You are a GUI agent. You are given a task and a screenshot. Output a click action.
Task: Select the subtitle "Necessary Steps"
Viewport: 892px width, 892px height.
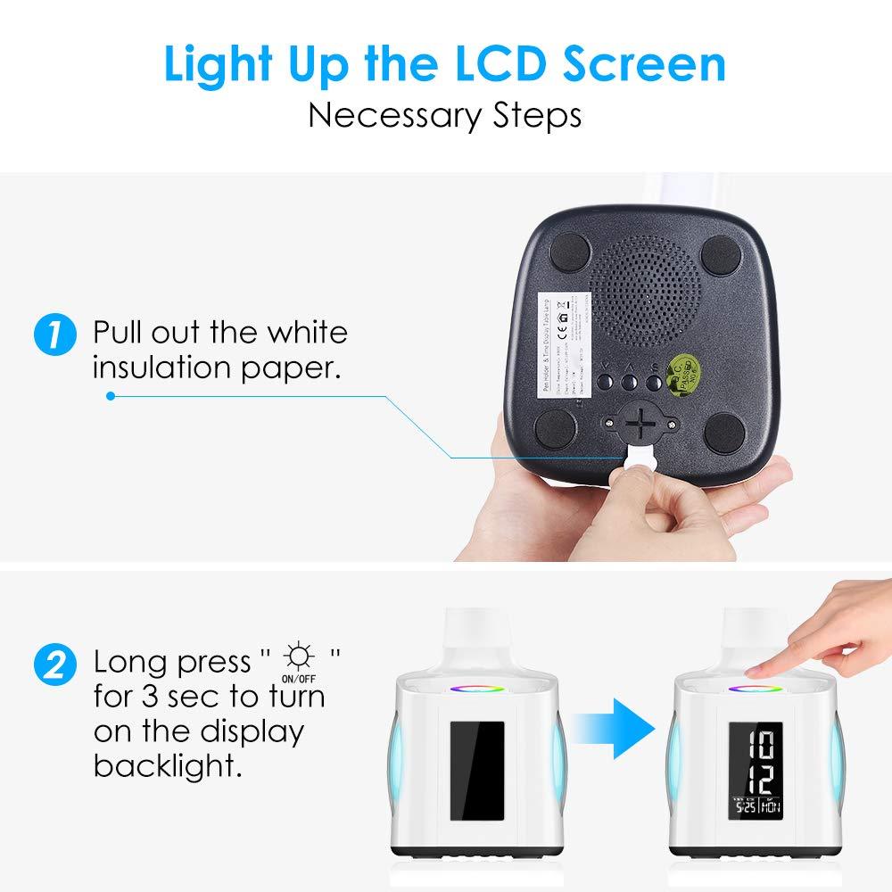tap(445, 116)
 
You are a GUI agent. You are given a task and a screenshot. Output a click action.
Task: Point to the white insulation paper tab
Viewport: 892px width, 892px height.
tap(639, 458)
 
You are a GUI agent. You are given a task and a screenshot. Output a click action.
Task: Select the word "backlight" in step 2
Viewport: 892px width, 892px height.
tap(168, 765)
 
